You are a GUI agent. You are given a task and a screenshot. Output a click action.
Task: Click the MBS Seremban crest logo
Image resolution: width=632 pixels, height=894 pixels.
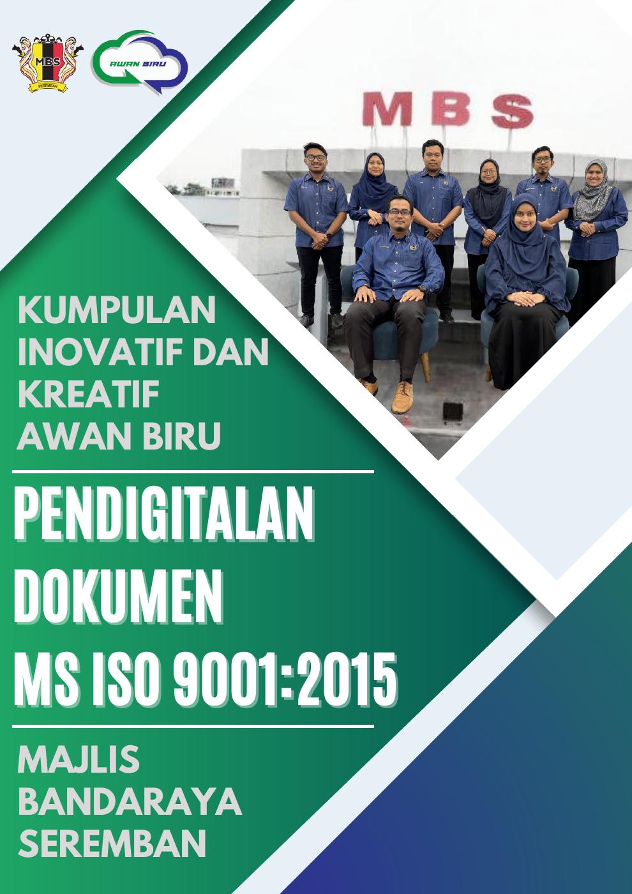(x=48, y=63)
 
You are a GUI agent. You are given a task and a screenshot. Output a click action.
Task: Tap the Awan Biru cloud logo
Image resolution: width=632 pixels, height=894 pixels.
(x=139, y=63)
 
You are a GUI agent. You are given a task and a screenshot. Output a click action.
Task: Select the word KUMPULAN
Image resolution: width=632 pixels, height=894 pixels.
(x=116, y=310)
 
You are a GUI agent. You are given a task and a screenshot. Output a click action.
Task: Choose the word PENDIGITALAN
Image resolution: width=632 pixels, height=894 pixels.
(x=164, y=518)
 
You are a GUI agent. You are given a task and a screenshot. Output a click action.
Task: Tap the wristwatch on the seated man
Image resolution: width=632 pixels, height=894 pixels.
(x=422, y=289)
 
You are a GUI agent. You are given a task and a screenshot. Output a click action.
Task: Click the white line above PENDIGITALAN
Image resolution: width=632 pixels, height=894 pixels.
(x=193, y=472)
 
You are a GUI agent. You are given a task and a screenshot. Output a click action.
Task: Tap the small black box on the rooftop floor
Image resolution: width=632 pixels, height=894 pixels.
(x=453, y=411)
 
